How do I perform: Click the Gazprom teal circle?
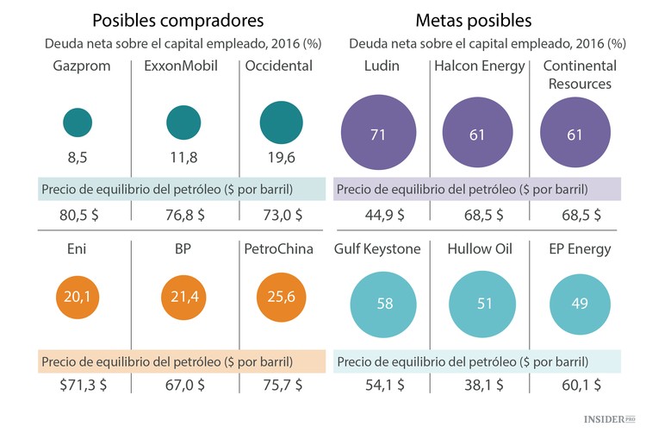coord(78,123)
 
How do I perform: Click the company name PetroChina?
coord(282,249)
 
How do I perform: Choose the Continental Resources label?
coord(579,75)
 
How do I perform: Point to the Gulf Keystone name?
coord(377,249)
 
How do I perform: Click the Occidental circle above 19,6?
coord(282,123)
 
